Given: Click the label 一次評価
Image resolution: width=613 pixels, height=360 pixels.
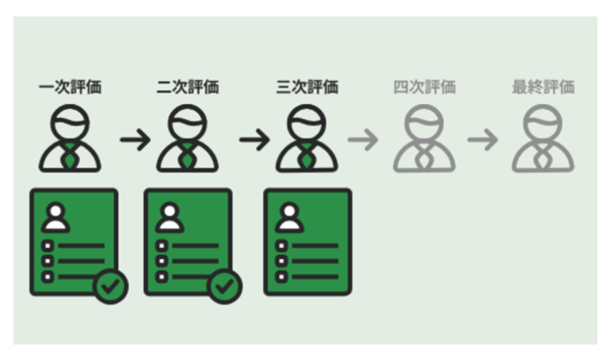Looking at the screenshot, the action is (70, 87).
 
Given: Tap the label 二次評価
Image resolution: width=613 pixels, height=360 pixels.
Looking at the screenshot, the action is (188, 87).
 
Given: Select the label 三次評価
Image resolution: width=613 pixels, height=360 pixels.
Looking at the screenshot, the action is (306, 87).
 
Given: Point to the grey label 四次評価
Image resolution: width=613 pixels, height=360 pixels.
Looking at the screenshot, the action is (424, 87).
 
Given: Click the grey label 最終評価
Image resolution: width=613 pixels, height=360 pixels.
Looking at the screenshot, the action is (543, 87).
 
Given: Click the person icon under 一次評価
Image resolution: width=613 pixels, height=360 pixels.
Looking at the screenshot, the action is (70, 138).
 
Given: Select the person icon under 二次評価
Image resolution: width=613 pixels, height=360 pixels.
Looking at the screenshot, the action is (188, 138).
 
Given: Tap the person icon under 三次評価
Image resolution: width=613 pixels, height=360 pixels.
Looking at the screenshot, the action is (306, 138).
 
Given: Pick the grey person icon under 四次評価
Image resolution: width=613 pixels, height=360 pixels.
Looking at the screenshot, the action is (424, 138).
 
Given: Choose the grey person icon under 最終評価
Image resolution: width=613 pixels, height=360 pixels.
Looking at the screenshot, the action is (543, 138).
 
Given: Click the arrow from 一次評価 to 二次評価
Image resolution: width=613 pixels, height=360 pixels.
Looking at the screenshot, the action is (135, 139).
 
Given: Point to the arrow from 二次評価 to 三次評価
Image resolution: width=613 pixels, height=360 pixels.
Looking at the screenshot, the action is (255, 139).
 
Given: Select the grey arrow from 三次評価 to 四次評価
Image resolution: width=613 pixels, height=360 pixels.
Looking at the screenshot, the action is (363, 139).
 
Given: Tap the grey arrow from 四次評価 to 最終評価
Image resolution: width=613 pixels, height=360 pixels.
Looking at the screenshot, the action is (483, 139).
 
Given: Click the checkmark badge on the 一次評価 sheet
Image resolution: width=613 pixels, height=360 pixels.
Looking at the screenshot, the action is (111, 286).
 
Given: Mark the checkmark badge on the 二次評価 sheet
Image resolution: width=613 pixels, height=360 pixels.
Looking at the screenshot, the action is (224, 286).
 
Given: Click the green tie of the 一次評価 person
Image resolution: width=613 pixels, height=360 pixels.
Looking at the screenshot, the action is (70, 157).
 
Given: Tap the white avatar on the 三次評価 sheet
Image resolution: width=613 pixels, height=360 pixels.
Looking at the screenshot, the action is (289, 217).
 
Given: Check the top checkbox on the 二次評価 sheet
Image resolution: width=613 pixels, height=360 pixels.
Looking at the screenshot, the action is (162, 246).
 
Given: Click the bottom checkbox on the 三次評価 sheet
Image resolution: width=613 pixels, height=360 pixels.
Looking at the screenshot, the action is (281, 277).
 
